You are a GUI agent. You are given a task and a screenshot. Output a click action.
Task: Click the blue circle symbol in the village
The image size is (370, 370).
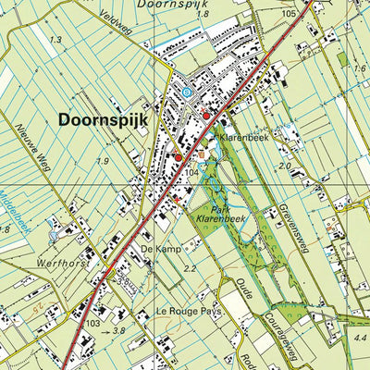(187, 92)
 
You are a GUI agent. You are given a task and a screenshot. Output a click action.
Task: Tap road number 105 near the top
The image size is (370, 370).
(290, 14)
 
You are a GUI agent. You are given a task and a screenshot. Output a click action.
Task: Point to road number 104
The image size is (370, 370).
(192, 174)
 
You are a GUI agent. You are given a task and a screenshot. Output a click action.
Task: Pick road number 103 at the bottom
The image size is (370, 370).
(93, 324)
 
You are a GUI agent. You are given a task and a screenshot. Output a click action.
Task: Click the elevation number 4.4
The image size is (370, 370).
(359, 339)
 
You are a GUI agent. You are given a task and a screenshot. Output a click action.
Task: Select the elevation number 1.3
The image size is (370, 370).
(56, 40)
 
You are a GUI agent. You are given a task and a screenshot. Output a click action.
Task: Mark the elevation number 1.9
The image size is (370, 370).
(103, 161)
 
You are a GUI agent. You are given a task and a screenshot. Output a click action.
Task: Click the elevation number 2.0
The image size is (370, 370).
(286, 166)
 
